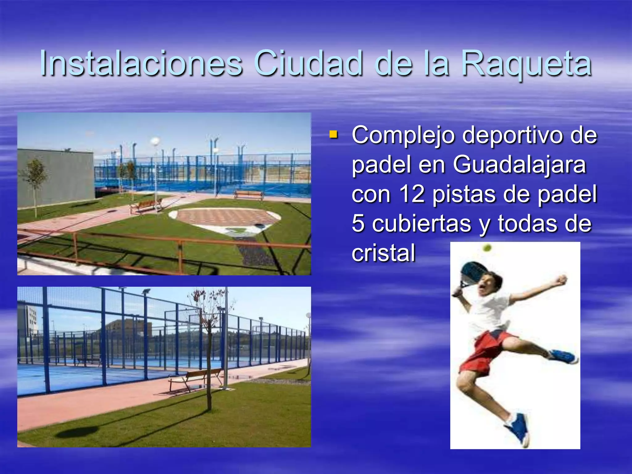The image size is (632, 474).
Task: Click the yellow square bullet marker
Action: coord(333,134)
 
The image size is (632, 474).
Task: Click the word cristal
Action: coord(383,253)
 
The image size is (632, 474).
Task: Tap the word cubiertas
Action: coord(422,223)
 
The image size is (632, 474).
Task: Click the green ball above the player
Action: coord(487,247)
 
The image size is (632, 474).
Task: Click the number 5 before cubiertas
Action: coord(358,223)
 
